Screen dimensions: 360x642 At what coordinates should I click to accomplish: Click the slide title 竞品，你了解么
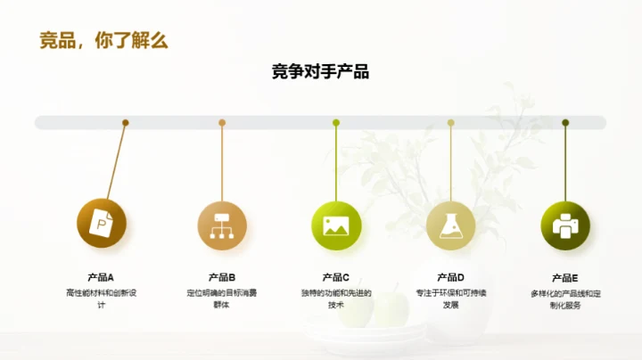click(103, 40)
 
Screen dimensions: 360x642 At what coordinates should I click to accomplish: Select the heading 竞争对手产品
click(320, 72)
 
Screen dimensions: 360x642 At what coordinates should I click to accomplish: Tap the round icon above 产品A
click(103, 224)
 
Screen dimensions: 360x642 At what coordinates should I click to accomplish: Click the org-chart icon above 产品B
click(221, 225)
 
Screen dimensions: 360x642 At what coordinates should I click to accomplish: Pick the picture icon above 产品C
click(335, 225)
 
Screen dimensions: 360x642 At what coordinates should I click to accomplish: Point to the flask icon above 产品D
click(450, 225)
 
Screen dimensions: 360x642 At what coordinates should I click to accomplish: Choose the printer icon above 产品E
click(565, 225)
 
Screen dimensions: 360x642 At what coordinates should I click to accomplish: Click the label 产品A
click(100, 277)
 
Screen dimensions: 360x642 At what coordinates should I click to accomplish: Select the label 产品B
click(221, 277)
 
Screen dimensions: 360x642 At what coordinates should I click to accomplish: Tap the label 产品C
click(335, 277)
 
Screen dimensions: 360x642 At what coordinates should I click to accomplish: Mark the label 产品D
click(450, 277)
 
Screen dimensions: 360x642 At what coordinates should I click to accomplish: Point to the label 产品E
click(565, 277)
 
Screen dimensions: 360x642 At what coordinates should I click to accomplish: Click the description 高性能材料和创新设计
click(100, 299)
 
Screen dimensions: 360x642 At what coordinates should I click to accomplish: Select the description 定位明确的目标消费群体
click(221, 299)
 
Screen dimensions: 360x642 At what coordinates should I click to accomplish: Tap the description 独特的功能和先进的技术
click(335, 299)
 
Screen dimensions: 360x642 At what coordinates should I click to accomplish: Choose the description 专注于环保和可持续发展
click(450, 299)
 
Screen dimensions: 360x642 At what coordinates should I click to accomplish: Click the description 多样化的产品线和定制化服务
click(565, 299)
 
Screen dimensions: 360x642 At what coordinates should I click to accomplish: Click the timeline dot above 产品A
click(126, 123)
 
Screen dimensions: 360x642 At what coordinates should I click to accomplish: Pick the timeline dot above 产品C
click(336, 123)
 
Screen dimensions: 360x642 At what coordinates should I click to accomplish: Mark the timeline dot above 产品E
click(565, 123)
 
